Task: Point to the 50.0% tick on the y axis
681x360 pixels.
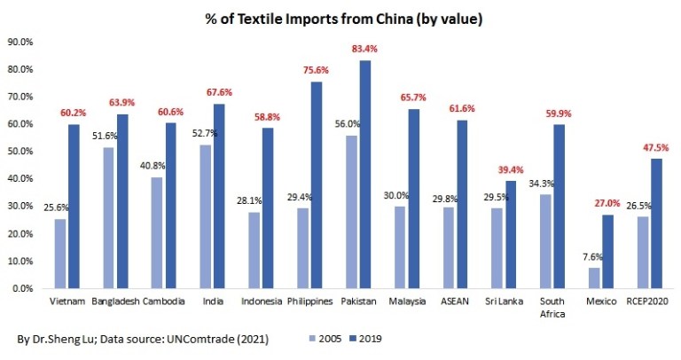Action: coord(20,152)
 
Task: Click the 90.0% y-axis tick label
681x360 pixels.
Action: coord(20,42)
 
